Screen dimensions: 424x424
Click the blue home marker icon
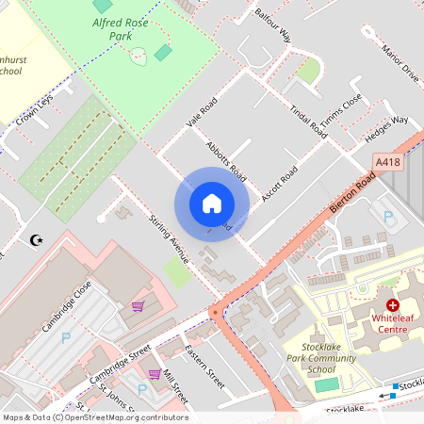(x=211, y=204)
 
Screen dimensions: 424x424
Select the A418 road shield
(x=386, y=162)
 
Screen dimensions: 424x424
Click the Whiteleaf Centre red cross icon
(x=392, y=305)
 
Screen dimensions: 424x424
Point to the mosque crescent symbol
(x=38, y=241)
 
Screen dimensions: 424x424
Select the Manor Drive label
(x=399, y=60)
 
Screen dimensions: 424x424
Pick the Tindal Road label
(x=307, y=122)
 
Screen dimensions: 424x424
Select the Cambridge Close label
(x=65, y=306)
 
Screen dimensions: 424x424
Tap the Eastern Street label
(x=204, y=367)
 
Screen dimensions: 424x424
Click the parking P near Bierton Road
(x=389, y=217)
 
